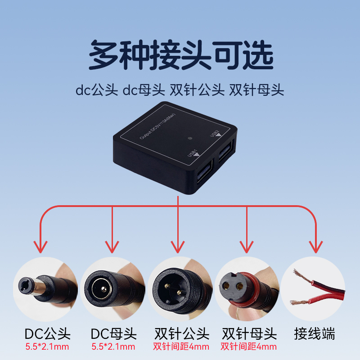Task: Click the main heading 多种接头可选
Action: pyautogui.click(x=180, y=55)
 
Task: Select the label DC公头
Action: pyautogui.click(x=47, y=334)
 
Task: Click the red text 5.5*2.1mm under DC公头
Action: pyautogui.click(x=47, y=346)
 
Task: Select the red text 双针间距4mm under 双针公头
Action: pyautogui.click(x=181, y=346)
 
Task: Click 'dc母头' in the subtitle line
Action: pyautogui.click(x=144, y=90)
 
